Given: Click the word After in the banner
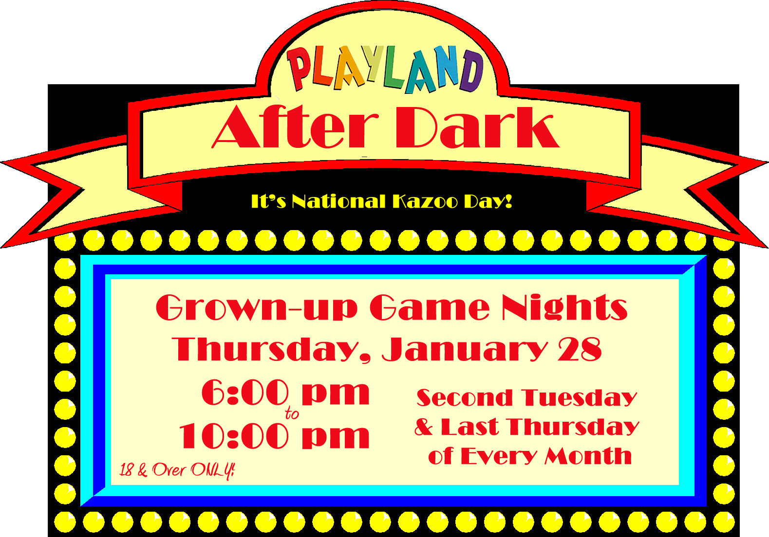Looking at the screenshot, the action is tap(295, 127).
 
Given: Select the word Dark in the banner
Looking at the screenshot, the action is tap(477, 127).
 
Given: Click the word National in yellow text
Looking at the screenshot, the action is tap(338, 201).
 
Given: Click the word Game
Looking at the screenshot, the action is tap(430, 307).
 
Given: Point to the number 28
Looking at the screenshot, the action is tap(580, 349).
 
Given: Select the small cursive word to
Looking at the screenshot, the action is tap(292, 414).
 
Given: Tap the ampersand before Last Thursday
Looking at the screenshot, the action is tap(424, 427).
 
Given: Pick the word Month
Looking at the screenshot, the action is tap(588, 456).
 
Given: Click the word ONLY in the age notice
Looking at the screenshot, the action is tap(213, 470).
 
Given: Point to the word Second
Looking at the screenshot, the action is tap(465, 398).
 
